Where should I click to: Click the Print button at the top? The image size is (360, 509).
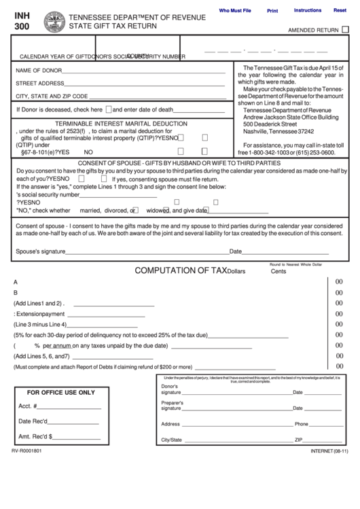[272, 11]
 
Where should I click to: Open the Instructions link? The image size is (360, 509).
[307, 11]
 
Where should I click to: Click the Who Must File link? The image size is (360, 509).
[234, 11]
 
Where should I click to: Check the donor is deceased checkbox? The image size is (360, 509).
[108, 109]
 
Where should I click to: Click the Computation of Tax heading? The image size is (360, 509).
[180, 270]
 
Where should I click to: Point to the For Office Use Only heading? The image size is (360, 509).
[60, 393]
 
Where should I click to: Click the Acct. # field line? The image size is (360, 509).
[70, 408]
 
